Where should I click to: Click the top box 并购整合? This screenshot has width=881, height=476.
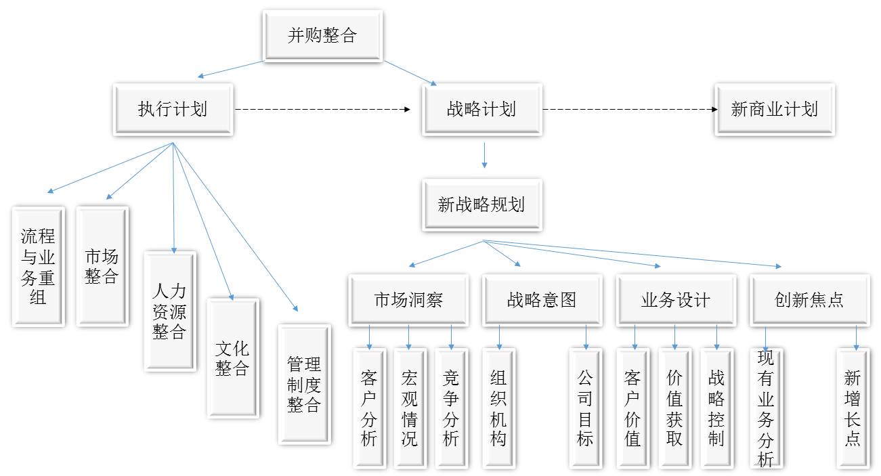pyautogui.click(x=322, y=36)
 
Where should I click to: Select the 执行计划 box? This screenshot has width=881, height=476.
pyautogui.click(x=173, y=110)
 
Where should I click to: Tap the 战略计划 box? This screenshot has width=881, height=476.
pyautogui.click(x=482, y=110)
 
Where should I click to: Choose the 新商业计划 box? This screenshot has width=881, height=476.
pyautogui.click(x=775, y=110)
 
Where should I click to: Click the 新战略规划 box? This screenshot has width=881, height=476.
pyautogui.click(x=482, y=205)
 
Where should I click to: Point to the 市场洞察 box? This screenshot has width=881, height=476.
pyautogui.click(x=408, y=300)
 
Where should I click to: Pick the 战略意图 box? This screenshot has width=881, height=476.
pyautogui.click(x=542, y=300)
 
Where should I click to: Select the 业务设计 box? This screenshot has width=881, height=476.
pyautogui.click(x=676, y=300)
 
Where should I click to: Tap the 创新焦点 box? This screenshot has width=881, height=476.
pyautogui.click(x=810, y=300)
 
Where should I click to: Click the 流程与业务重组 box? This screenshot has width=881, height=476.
pyautogui.click(x=39, y=267)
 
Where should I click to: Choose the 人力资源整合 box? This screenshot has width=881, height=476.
pyautogui.click(x=170, y=311)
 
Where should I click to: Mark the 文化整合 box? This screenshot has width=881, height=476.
pyautogui.click(x=233, y=358)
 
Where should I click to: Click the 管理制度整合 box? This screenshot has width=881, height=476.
pyautogui.click(x=305, y=385)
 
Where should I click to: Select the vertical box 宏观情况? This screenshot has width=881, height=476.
pyautogui.click(x=410, y=408)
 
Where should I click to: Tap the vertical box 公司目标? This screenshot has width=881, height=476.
pyautogui.click(x=586, y=408)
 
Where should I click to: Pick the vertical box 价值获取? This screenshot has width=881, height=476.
pyautogui.click(x=675, y=408)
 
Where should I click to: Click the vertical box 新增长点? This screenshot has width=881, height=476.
pyautogui.click(x=853, y=408)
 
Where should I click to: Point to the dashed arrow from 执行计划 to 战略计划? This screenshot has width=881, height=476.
pyautogui.click(x=322, y=110)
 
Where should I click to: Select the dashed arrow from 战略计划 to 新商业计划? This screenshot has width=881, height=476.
pyautogui.click(x=630, y=110)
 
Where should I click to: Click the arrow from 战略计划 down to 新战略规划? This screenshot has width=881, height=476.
pyautogui.click(x=485, y=155)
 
